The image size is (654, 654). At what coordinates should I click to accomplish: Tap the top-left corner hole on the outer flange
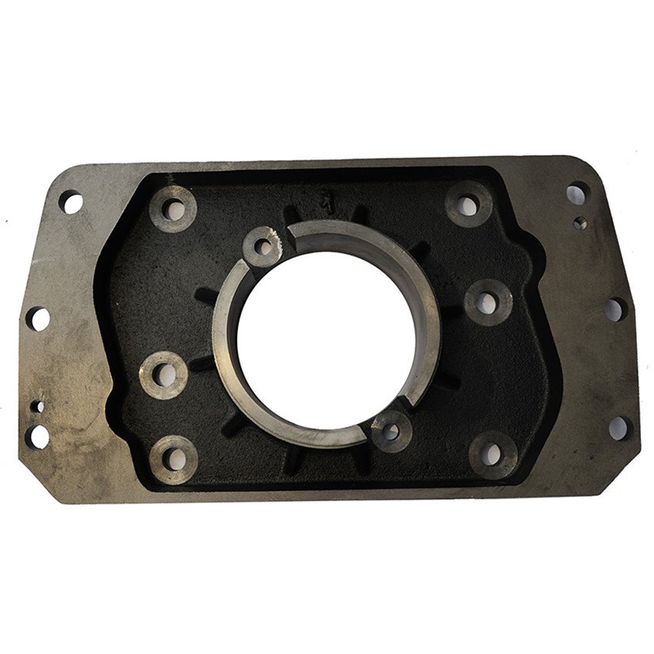point(71,202)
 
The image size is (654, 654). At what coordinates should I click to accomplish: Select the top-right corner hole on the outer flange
point(577,192)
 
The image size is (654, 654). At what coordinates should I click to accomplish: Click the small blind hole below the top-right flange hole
point(580,223)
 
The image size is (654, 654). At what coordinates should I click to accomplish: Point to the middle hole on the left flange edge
point(38,319)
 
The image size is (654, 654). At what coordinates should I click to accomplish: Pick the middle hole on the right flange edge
point(614,309)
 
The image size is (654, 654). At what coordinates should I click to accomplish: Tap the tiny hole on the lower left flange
point(36,405)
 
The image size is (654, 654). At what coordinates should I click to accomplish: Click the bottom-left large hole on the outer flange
point(37,436)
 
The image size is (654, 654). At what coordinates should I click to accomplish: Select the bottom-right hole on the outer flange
point(618,429)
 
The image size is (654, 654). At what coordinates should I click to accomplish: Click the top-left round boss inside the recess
point(173,209)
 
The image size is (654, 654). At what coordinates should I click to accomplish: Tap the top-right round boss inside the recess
point(468,205)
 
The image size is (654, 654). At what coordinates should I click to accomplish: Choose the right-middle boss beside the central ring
point(488,302)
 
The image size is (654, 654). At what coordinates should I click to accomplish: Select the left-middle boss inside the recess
point(164,375)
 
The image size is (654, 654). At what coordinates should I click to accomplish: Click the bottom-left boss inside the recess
point(174,459)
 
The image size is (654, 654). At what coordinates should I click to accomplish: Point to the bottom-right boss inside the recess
point(492,454)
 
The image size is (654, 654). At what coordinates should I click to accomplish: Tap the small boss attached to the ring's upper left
point(263,247)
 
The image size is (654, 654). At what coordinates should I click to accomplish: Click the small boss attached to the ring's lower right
point(391,431)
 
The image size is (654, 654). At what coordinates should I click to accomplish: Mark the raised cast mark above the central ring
point(325,202)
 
